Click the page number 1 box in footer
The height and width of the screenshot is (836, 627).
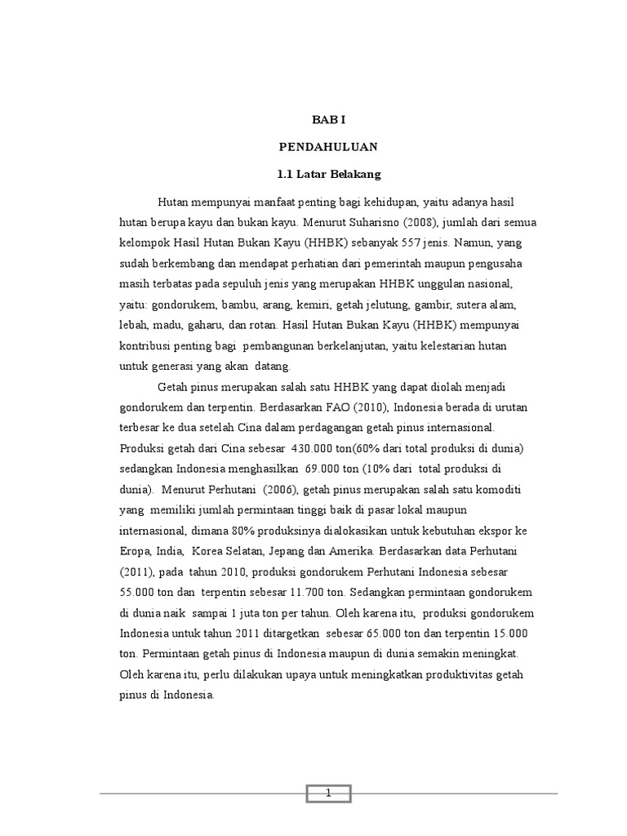pos(328,793)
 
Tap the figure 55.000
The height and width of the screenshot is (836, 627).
pos(140,592)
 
